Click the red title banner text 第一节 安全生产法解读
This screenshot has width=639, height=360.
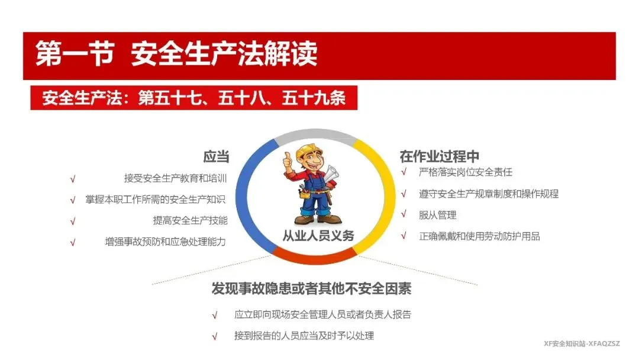(176, 54)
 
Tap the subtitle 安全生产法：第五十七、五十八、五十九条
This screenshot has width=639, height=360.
(194, 98)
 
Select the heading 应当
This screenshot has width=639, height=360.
(216, 156)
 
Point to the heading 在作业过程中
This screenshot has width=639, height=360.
(439, 156)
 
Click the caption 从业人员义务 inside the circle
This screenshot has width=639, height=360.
(318, 235)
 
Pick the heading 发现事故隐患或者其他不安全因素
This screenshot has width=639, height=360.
(311, 288)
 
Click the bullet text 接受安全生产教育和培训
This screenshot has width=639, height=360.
(175, 178)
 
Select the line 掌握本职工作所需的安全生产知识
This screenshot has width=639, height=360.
(155, 200)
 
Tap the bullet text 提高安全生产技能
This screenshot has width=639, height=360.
(191, 221)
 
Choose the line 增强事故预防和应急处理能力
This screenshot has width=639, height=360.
(166, 242)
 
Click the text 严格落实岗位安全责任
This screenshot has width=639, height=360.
(466, 172)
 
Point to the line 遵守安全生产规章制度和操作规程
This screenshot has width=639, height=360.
(489, 194)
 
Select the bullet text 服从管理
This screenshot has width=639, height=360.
(437, 215)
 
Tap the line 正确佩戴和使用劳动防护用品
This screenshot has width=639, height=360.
(479, 236)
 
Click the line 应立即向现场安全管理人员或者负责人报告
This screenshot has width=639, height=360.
(322, 314)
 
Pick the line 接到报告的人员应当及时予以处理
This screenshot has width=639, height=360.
(304, 336)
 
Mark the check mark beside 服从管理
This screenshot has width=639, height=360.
(404, 214)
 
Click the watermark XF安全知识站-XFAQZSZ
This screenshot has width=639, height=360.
(582, 343)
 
